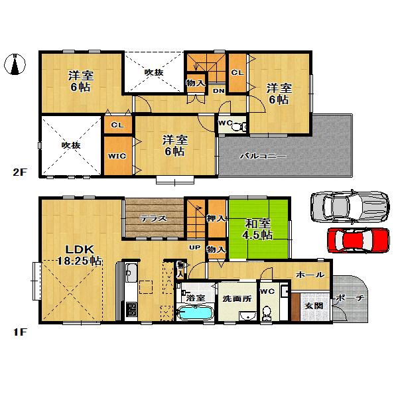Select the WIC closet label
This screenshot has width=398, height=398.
pos(117,156)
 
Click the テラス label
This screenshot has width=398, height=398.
pos(153,218)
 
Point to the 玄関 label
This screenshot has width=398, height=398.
pos(313,306)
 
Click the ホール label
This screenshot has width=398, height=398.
pos(309,275)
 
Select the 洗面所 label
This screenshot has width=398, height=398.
pos(237,298)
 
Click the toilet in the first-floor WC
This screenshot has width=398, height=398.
pos(268,312)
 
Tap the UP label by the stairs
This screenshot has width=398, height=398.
pos(195,248)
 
